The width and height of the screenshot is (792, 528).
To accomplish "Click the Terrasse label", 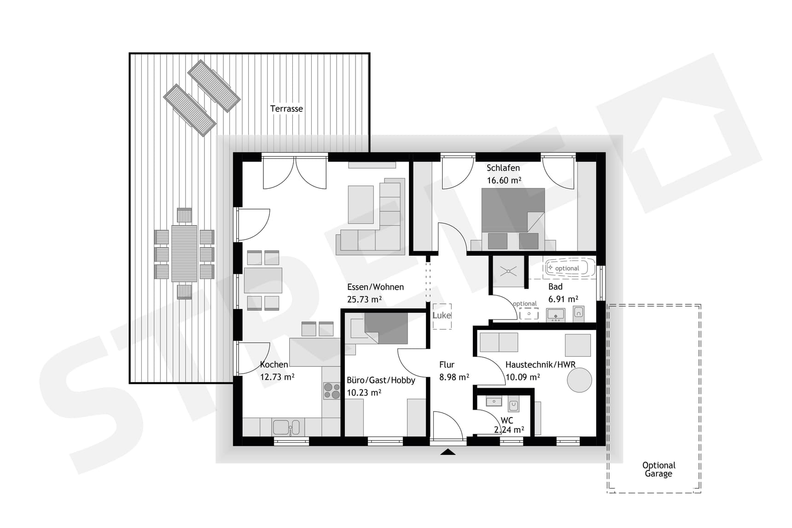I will tap(286, 109).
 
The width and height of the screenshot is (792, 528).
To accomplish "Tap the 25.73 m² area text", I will tap(364, 300).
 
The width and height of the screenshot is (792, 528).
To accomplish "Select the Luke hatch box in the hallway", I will tap(442, 316).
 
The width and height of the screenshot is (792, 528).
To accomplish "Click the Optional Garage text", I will tap(658, 470).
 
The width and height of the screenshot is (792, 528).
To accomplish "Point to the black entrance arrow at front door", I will tap(448, 452).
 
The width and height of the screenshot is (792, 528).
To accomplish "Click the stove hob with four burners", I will tap(331, 391).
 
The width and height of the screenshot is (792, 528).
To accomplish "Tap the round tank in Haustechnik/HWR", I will tap(579, 380).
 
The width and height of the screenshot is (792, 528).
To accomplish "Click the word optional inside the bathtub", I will tap(567, 268).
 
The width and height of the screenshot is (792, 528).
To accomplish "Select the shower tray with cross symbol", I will tap(508, 271).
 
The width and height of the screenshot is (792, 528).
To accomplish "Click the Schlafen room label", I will tap(503, 168).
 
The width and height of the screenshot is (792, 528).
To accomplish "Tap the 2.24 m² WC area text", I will tap(509, 430).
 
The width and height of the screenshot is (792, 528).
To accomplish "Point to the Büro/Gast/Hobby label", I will tap(381, 380).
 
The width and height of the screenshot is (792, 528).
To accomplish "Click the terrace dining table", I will tap(184, 254).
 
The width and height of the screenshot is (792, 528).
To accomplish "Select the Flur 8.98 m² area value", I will tap(454, 377).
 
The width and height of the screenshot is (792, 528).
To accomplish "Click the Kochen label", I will tap(274, 365).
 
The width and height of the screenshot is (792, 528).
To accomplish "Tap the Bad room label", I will tap(555, 287).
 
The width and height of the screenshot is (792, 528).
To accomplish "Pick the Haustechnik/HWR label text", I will tap(540, 365).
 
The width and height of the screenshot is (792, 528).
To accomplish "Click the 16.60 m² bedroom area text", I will tap(504, 180).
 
